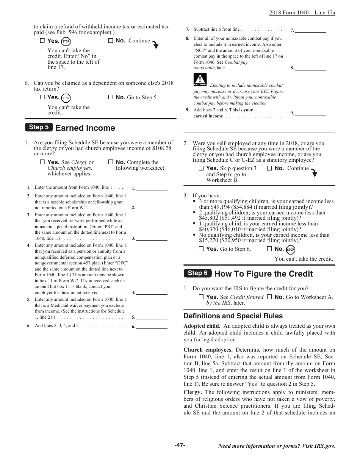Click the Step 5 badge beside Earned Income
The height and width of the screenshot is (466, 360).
pyautogui.click(x=39, y=127)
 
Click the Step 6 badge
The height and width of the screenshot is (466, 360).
pyautogui.click(x=197, y=273)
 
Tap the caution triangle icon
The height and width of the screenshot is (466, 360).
pyautogui.click(x=200, y=80)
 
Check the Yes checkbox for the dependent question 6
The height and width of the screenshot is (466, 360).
pyautogui.click(x=42, y=97)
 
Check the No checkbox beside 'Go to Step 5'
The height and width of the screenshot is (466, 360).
pyautogui.click(x=111, y=97)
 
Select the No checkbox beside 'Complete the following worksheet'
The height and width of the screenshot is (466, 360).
pyautogui.click(x=111, y=162)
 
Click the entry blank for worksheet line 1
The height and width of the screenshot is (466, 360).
pyautogui.click(x=152, y=188)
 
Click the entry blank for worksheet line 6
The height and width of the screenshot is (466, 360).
pyautogui.click(x=152, y=326)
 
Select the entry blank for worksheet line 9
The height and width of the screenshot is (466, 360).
pyautogui.click(x=310, y=113)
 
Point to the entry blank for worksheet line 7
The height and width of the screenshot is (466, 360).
pyautogui.click(x=310, y=30)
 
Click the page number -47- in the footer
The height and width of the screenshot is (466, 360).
pyautogui.click(x=180, y=445)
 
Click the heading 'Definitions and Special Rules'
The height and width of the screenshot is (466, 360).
pyautogui.click(x=233, y=316)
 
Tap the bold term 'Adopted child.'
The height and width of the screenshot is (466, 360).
pyautogui.click(x=202, y=326)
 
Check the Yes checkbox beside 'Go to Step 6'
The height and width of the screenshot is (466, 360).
pyautogui.click(x=201, y=249)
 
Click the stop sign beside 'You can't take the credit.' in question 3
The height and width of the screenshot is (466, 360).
pyautogui.click(x=291, y=250)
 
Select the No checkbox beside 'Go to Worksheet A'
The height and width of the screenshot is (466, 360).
pyautogui.click(x=269, y=297)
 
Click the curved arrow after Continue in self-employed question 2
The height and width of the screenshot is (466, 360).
pyautogui.click(x=314, y=173)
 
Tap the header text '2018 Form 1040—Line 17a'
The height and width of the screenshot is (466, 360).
pyautogui.click(x=302, y=13)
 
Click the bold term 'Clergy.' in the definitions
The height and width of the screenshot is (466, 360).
pyautogui.click(x=193, y=393)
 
